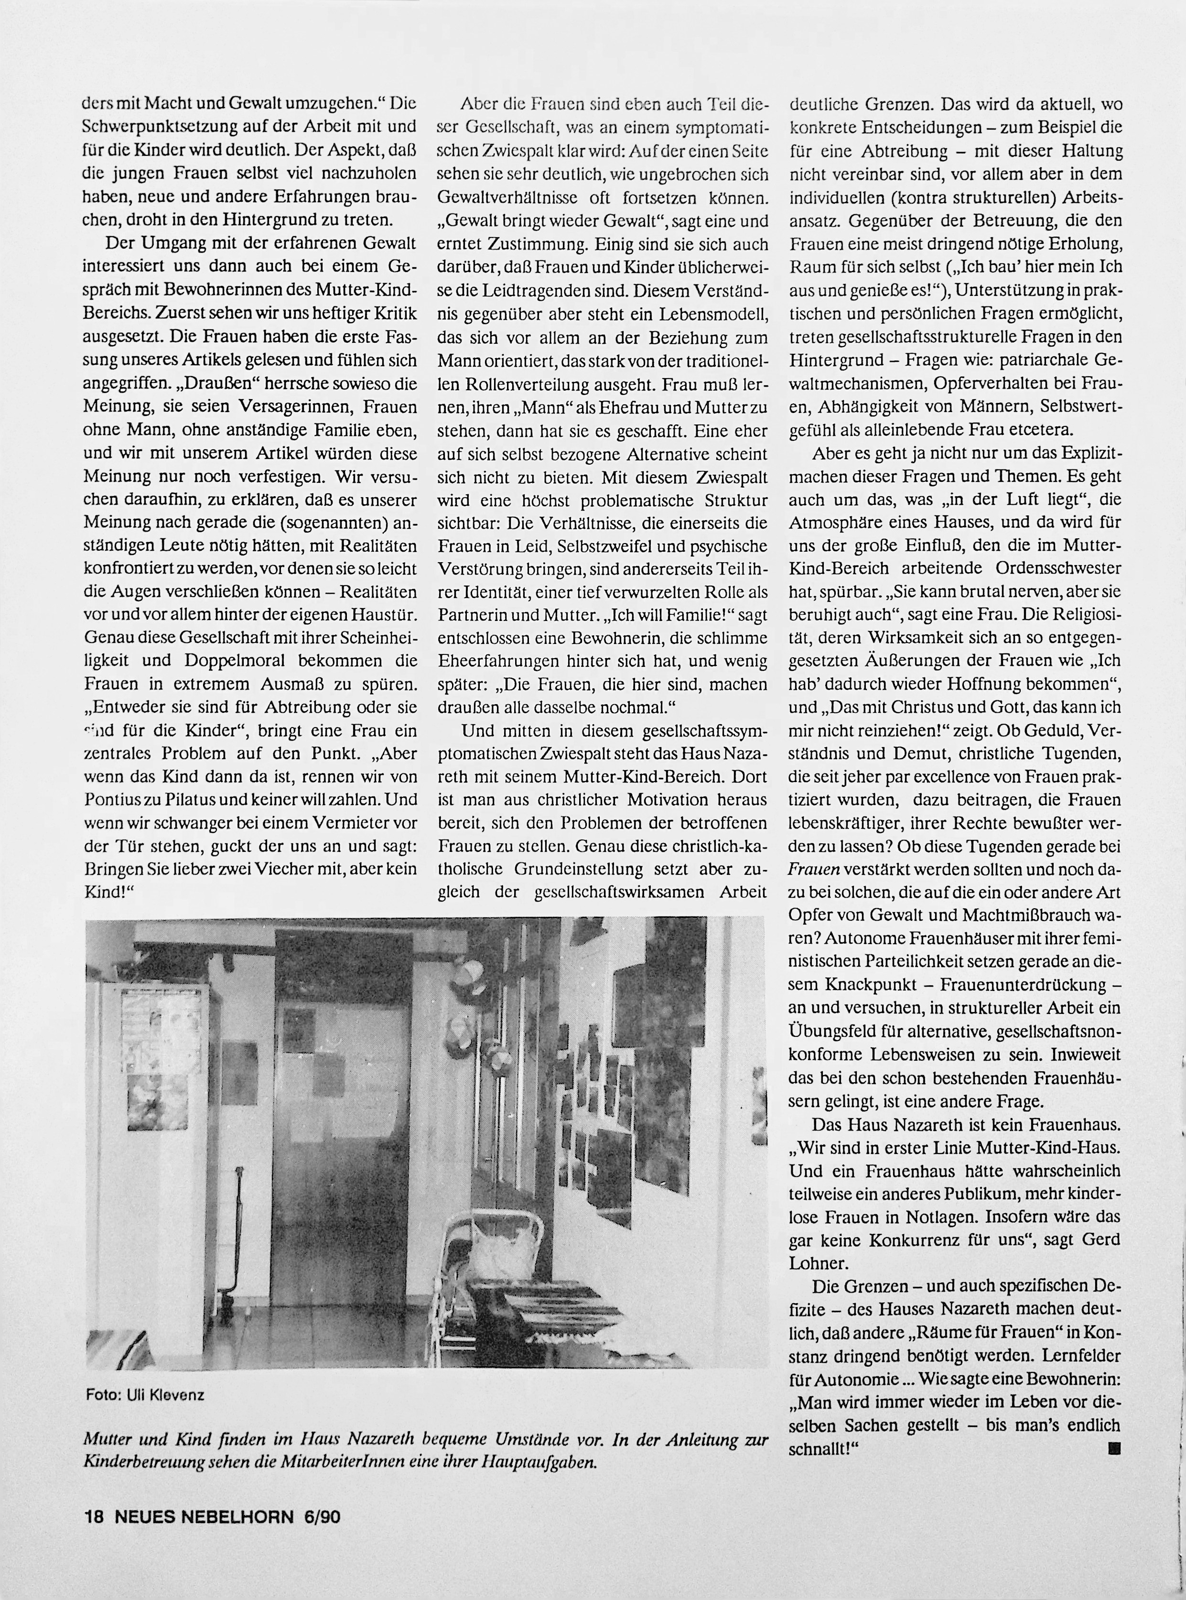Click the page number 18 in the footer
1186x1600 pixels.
click(95, 1517)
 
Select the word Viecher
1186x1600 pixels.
click(313, 868)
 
